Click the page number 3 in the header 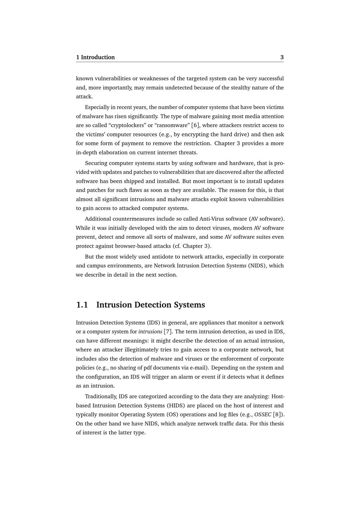[x=282, y=57]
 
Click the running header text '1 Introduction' [x=95, y=57]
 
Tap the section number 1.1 [x=82, y=305]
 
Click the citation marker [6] [x=195, y=125]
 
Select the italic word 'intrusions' [x=150, y=332]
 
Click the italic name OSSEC [x=263, y=414]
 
